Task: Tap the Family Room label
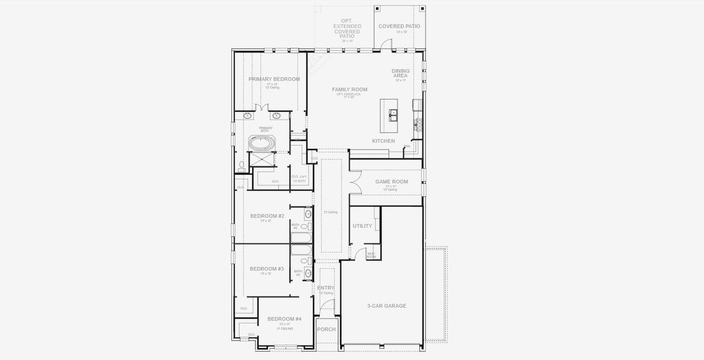click(x=350, y=89)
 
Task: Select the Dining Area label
click(x=401, y=73)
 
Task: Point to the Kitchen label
click(x=383, y=141)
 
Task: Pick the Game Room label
click(x=392, y=181)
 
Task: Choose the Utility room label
click(x=362, y=226)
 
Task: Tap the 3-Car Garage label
click(x=386, y=306)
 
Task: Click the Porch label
click(x=326, y=329)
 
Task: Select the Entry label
click(x=326, y=288)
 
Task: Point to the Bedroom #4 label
click(x=284, y=319)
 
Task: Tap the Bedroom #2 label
click(x=267, y=216)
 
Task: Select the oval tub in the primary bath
click(x=262, y=144)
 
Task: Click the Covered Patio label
click(x=399, y=26)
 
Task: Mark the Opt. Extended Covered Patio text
click(x=347, y=28)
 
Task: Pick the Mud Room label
click(x=371, y=255)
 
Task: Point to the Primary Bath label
click(x=266, y=129)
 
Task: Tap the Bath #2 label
click(x=295, y=226)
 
